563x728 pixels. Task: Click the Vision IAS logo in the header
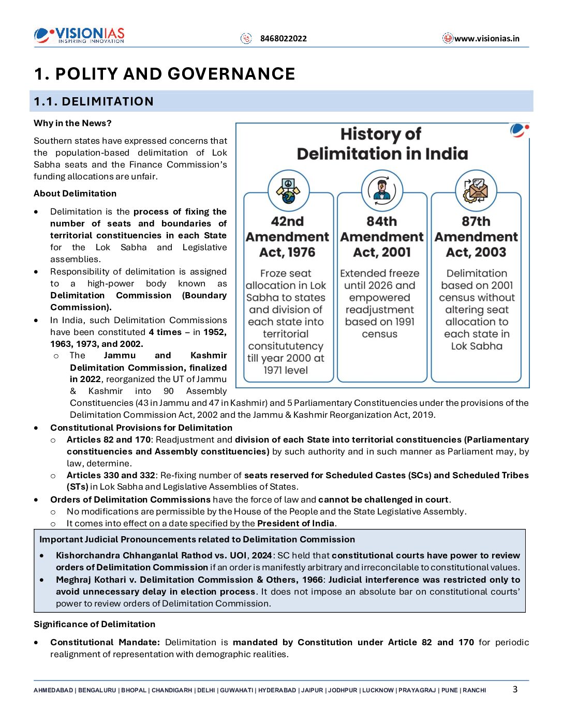coord(79,36)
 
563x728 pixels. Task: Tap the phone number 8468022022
coord(283,38)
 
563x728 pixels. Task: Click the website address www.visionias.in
coord(486,38)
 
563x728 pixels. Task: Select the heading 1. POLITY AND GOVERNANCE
coord(165,74)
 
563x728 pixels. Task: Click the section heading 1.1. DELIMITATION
coord(94,101)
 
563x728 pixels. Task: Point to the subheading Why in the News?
coord(72,123)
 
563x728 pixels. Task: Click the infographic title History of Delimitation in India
coord(382,144)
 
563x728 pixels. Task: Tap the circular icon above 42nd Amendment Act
coord(288,190)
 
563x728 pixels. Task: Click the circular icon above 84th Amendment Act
coord(382,190)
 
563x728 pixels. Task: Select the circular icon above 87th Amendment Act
coord(476,190)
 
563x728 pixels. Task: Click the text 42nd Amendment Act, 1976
coord(287,237)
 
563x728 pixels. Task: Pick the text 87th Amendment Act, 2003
coord(476,237)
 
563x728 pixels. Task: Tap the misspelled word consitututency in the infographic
coord(286,346)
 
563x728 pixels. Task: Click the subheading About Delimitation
coord(75,193)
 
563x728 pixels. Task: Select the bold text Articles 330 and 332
coord(111,475)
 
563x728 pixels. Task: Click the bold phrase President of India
coord(295,523)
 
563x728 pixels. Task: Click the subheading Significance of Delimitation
coord(94,624)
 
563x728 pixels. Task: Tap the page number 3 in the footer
coord(515,689)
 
